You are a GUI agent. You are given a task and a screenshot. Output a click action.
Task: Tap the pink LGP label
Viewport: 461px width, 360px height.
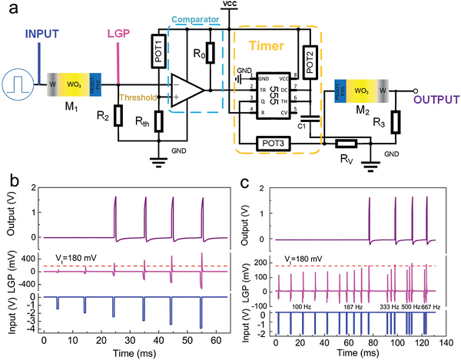(x=118, y=35)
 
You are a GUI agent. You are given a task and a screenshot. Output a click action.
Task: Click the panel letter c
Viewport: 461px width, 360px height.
(x=244, y=183)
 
